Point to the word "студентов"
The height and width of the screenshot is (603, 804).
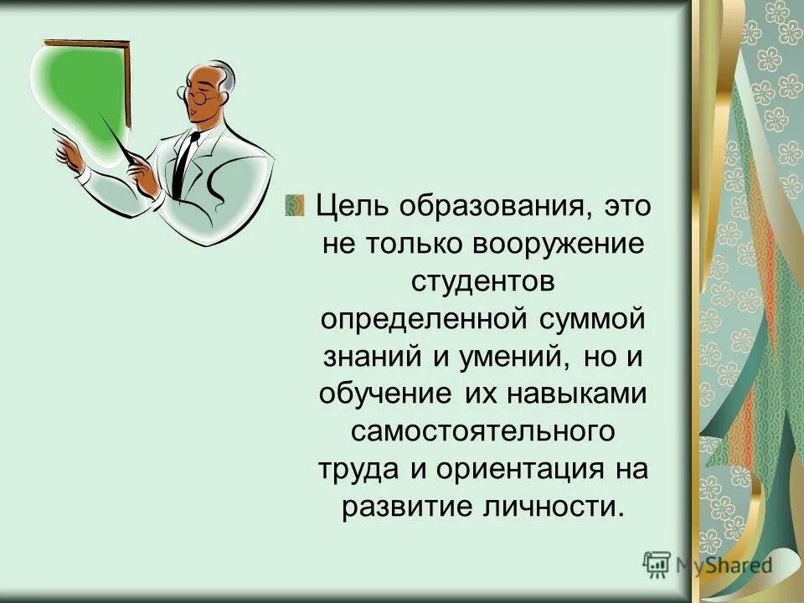(x=483, y=281)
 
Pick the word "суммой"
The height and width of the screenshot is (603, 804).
(x=592, y=319)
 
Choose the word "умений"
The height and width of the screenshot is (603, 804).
(x=506, y=357)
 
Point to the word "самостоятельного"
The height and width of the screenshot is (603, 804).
(x=483, y=432)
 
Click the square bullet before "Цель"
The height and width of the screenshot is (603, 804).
(x=295, y=204)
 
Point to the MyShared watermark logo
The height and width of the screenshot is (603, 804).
(x=708, y=564)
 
